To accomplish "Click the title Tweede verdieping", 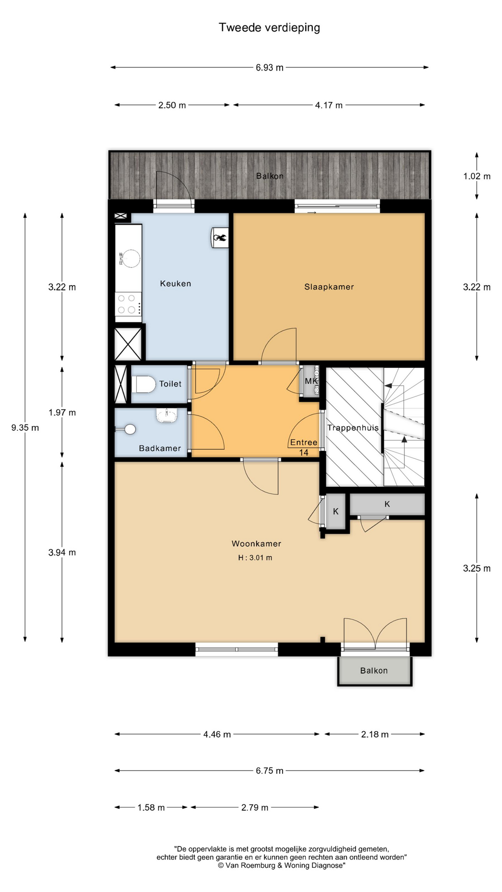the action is pyautogui.click(x=269, y=28).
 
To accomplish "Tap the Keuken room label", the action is pyautogui.click(x=176, y=283).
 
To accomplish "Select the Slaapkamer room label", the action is pyautogui.click(x=329, y=287).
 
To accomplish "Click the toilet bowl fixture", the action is pyautogui.click(x=144, y=384).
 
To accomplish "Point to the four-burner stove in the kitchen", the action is pyautogui.click(x=128, y=304).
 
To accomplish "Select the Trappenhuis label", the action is pyautogui.click(x=353, y=428).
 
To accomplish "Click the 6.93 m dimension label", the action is pyautogui.click(x=270, y=68).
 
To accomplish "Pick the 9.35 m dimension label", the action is pyautogui.click(x=25, y=428).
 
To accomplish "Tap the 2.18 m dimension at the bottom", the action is pyautogui.click(x=375, y=735).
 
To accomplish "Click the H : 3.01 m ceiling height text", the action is pyautogui.click(x=255, y=557).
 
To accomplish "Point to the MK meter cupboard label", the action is pyautogui.click(x=311, y=381).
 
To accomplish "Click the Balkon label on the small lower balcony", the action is pyautogui.click(x=374, y=670).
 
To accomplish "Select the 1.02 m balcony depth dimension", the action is pyautogui.click(x=477, y=177).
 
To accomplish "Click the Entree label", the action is pyautogui.click(x=304, y=442).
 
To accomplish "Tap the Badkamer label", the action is pyautogui.click(x=160, y=448).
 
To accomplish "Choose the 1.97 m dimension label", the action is pyautogui.click(x=62, y=413).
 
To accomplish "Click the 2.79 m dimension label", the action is pyautogui.click(x=255, y=807).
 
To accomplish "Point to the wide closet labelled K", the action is pyautogui.click(x=387, y=504).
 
